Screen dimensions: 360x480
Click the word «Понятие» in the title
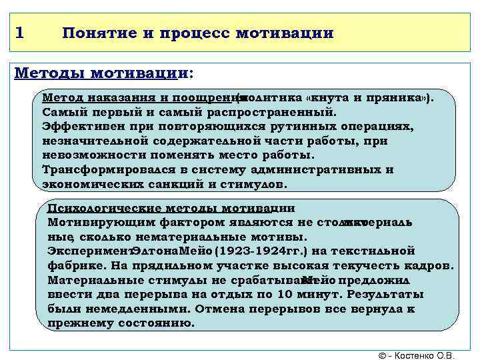pos(98,33)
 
